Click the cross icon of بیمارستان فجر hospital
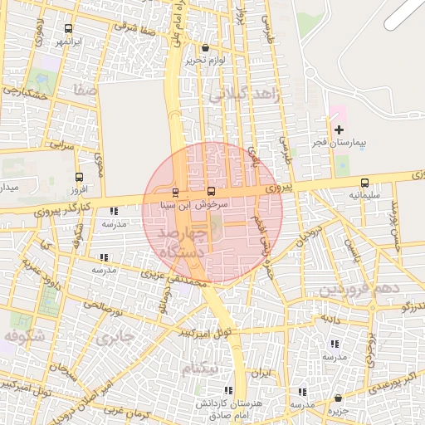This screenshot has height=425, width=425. click(x=339, y=129)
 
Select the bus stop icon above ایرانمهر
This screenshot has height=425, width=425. click(x=67, y=27)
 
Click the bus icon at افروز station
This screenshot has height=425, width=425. click(x=79, y=177)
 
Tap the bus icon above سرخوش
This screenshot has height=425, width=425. click(x=210, y=192)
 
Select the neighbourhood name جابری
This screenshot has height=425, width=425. click(x=115, y=338)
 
